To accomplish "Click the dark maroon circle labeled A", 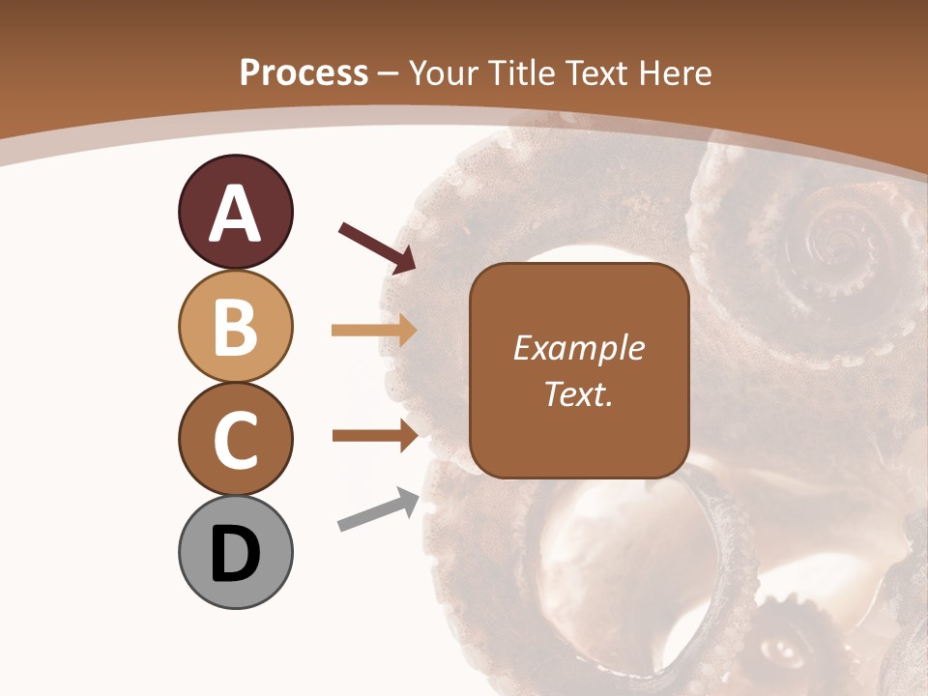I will [x=235, y=212].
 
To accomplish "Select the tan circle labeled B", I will [x=235, y=326].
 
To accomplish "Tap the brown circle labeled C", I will [x=235, y=439].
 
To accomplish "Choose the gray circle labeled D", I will [x=235, y=552].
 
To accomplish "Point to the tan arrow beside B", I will [x=374, y=331].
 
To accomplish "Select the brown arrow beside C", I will [x=374, y=435].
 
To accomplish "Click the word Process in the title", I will [x=304, y=73].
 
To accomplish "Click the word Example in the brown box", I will [x=578, y=348].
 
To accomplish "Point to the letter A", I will [x=235, y=214].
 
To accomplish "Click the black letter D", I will [x=235, y=554].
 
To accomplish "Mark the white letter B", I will [x=235, y=327].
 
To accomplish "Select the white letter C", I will [x=235, y=440].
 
